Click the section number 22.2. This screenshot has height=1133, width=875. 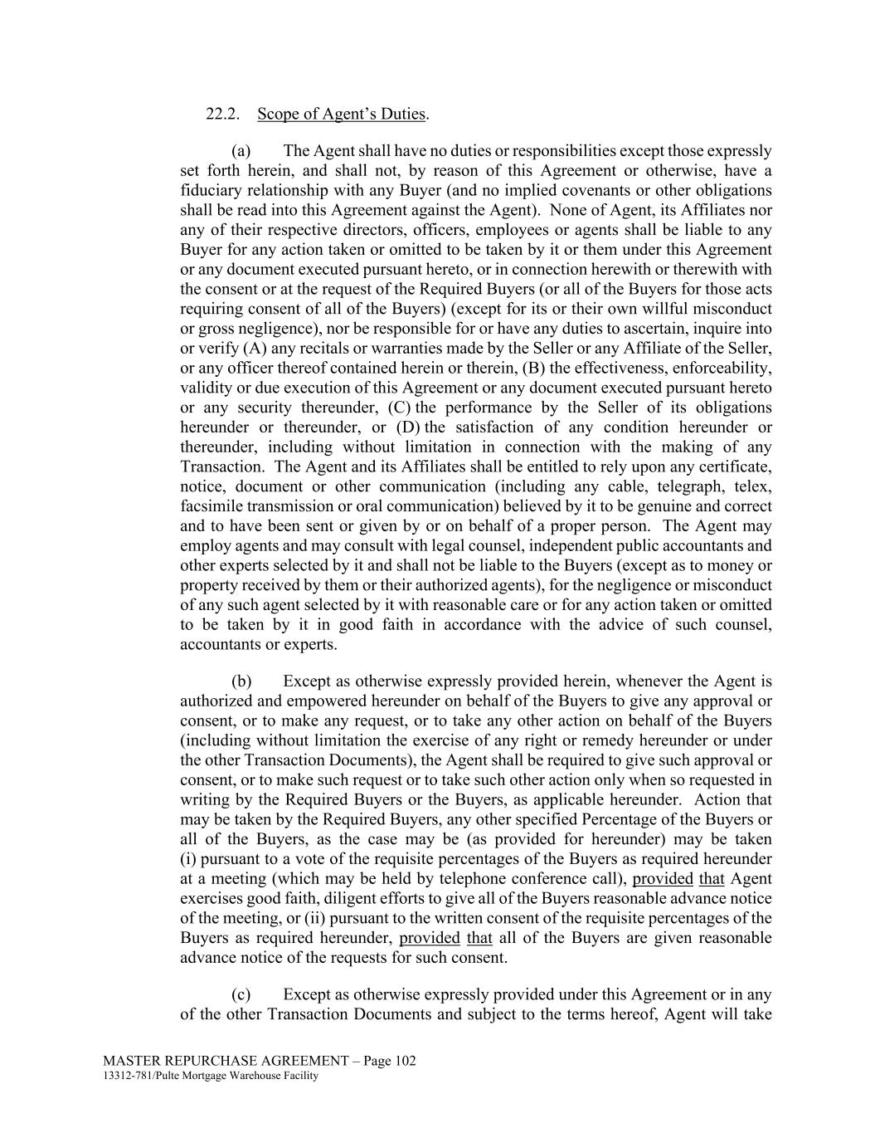223,114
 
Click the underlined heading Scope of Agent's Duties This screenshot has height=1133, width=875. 342,114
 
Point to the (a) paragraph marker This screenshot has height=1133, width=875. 241,151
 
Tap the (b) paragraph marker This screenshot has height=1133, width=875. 241,681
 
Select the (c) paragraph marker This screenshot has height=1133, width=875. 241,994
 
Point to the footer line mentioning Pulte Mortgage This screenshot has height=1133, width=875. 211,1077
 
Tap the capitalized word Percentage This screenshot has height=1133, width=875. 616,819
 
